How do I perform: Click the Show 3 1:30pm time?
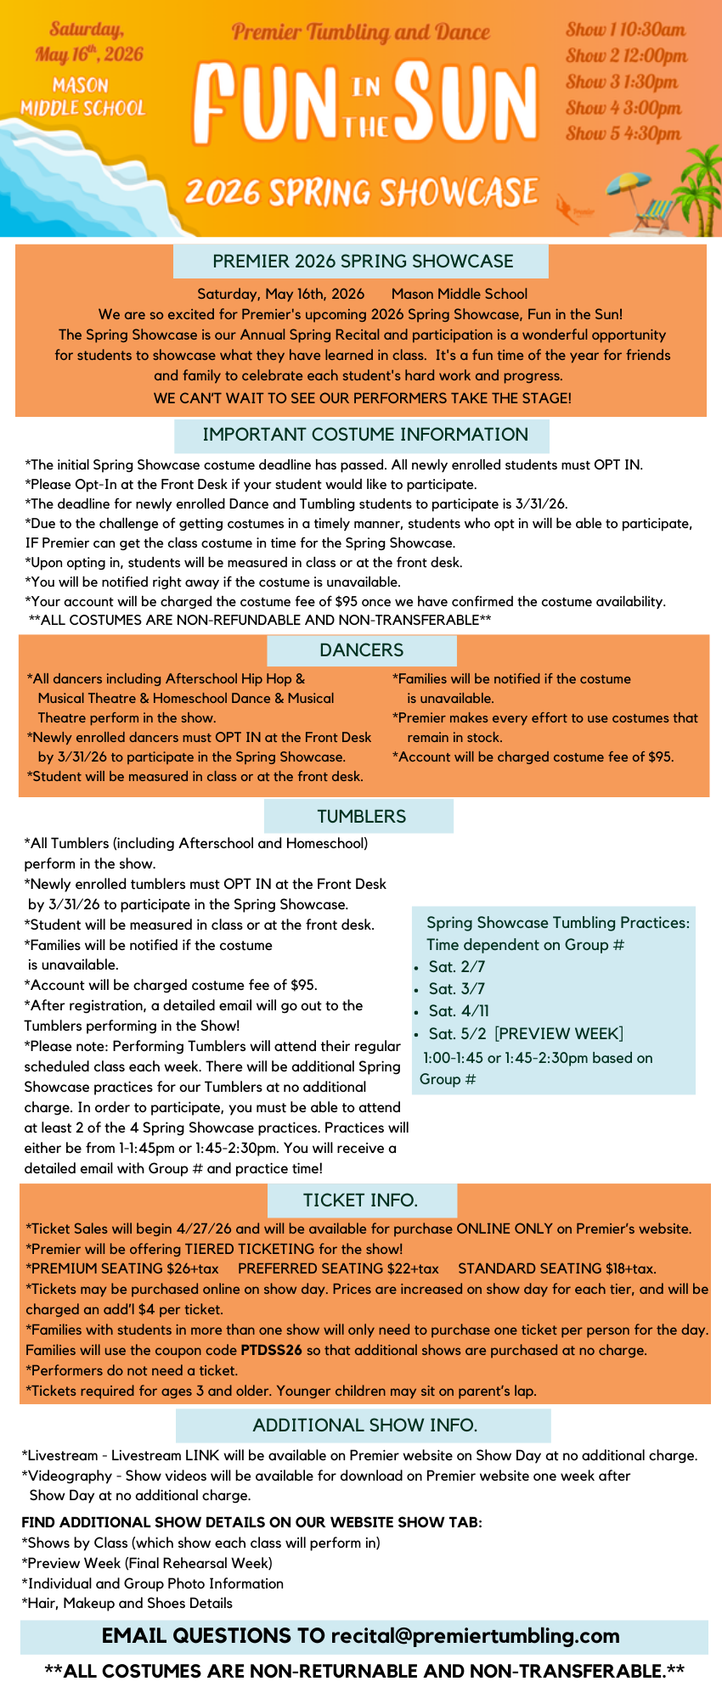[622, 82]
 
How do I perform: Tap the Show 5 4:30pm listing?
[623, 133]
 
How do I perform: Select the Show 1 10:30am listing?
[625, 30]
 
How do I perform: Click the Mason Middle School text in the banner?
[82, 97]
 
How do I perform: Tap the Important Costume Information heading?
[364, 435]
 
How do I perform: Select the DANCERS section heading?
[361, 650]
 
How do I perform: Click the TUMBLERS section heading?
[361, 817]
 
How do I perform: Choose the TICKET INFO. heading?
[361, 1200]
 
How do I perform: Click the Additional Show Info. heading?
[364, 1425]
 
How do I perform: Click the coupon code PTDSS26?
[271, 1350]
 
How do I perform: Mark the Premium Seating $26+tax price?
[122, 1268]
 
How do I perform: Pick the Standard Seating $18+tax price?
[556, 1268]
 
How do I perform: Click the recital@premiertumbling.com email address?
[475, 1636]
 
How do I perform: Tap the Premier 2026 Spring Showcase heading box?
[363, 261]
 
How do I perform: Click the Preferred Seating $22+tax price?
[338, 1268]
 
